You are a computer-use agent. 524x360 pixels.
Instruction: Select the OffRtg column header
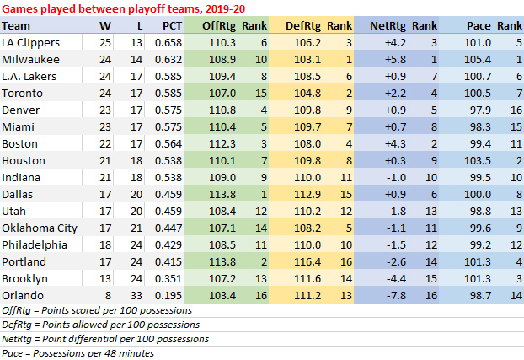pos(218,26)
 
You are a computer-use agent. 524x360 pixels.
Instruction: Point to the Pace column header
pos(479,26)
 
